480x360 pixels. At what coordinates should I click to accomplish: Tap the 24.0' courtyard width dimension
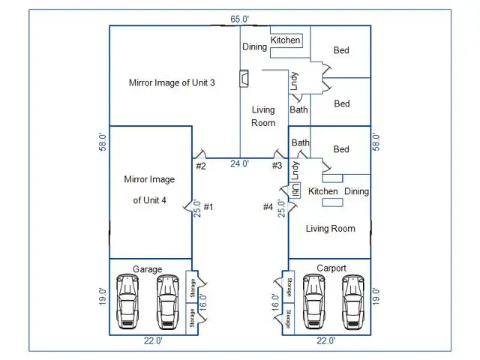click(x=240, y=164)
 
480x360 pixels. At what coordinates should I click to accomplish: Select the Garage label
click(x=147, y=268)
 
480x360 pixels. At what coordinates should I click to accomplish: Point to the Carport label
click(x=331, y=268)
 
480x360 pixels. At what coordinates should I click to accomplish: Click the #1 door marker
click(x=208, y=207)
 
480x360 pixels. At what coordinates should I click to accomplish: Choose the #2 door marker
click(x=200, y=166)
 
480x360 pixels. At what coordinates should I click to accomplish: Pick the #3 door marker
click(x=277, y=166)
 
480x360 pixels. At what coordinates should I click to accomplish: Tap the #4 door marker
click(x=268, y=207)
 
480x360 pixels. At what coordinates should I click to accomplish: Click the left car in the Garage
click(x=128, y=301)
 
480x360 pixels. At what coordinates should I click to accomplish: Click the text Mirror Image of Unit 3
click(x=172, y=82)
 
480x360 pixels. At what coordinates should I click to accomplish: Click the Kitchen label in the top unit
click(x=285, y=40)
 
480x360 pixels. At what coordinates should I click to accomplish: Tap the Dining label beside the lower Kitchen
click(x=356, y=191)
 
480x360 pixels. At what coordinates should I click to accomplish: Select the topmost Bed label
click(x=341, y=50)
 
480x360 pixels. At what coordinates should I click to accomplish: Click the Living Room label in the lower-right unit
click(x=330, y=228)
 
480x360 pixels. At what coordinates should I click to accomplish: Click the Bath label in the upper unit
click(x=299, y=110)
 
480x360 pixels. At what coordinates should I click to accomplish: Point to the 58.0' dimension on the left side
click(x=103, y=142)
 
